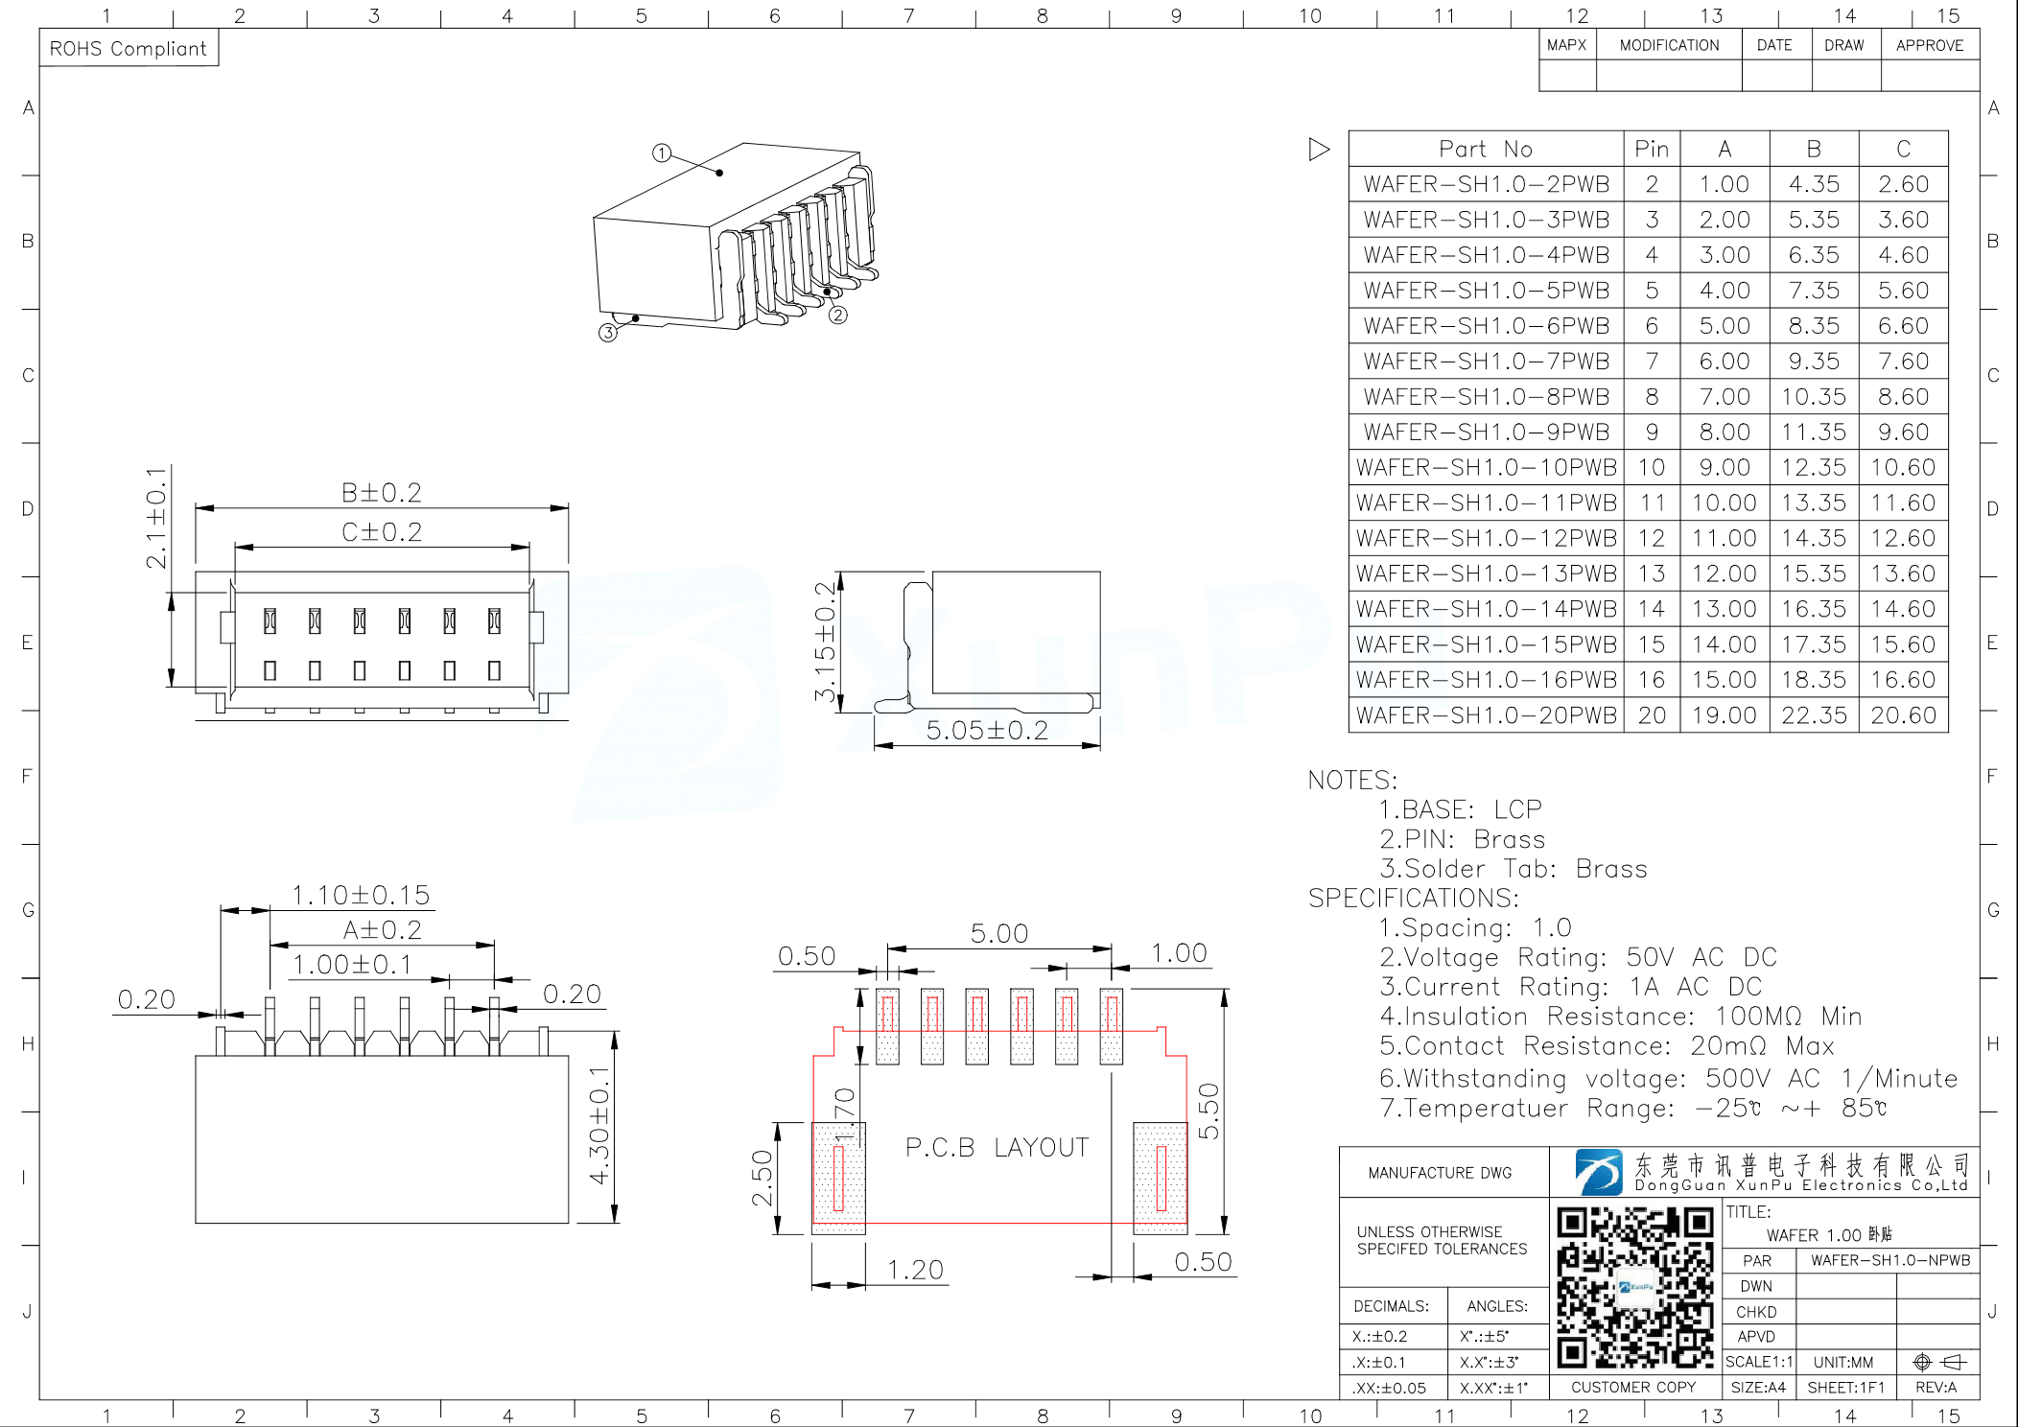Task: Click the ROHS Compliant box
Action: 129,49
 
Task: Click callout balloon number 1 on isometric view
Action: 661,153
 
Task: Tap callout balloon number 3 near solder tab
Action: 607,333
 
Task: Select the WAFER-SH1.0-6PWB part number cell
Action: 1486,326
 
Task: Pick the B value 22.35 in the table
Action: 1814,715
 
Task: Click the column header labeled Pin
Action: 1652,150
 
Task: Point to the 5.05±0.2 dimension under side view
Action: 987,731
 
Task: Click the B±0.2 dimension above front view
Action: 382,493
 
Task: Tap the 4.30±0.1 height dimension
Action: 599,1125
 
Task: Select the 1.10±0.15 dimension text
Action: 361,896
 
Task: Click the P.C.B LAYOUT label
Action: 997,1148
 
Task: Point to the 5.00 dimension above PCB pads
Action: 998,933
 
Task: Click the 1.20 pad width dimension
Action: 915,1270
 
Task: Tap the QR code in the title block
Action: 1634,1287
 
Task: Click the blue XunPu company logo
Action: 1597,1172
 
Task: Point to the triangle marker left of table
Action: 1319,150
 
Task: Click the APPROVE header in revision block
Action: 1929,45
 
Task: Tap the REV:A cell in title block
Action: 1936,1387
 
